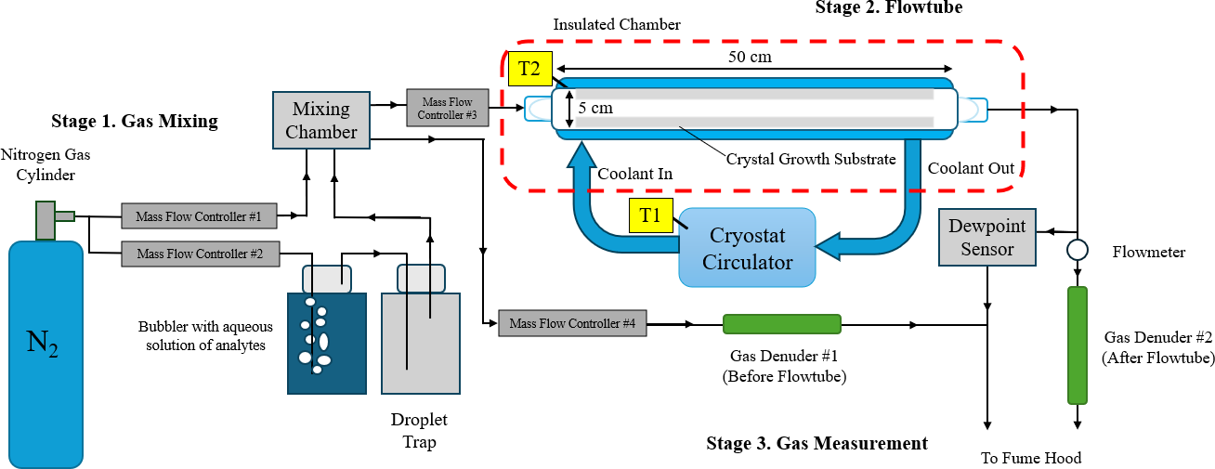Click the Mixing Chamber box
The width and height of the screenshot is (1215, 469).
(320, 120)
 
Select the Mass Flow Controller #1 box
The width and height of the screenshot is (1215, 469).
(200, 216)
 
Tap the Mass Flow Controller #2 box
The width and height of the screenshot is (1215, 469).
(200, 253)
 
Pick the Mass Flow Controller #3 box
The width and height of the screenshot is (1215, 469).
(448, 108)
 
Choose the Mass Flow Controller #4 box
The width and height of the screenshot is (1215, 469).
(572, 323)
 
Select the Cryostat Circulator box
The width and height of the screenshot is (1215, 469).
(747, 248)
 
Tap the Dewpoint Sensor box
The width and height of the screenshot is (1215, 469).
(986, 237)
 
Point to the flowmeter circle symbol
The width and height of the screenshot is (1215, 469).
(1078, 250)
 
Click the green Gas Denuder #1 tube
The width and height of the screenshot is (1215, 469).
(782, 323)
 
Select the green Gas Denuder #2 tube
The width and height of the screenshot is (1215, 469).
(1078, 345)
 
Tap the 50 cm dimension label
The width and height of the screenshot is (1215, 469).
(750, 58)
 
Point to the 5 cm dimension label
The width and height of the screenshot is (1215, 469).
(595, 108)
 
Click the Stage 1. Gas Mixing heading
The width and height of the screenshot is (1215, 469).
(135, 121)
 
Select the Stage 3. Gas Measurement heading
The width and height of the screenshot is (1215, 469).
(817, 443)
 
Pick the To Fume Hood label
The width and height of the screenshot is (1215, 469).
(1031, 457)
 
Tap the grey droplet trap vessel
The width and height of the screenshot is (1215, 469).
(421, 343)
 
